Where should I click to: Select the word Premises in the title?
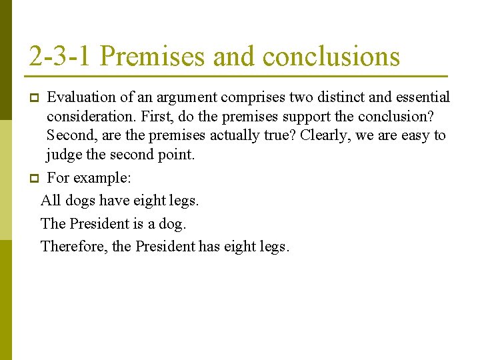coord(153,57)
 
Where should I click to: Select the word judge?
coord(65,156)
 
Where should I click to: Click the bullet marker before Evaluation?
coord(33,99)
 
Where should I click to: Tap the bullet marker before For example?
coord(33,179)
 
